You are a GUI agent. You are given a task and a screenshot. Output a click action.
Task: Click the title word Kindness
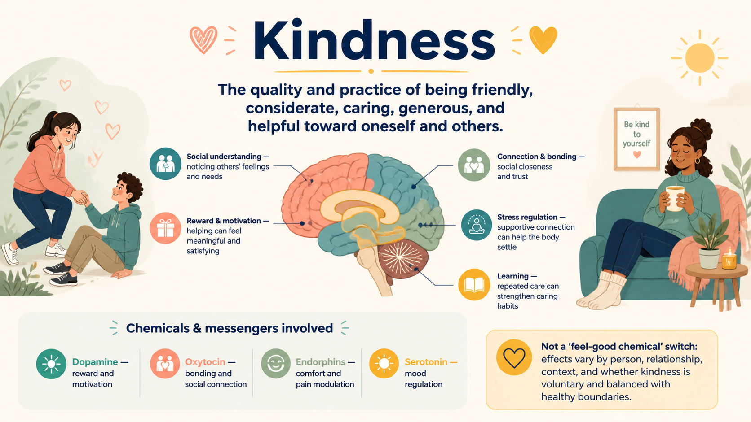tap(374, 40)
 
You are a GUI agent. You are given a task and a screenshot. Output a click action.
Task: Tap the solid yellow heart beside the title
tap(543, 39)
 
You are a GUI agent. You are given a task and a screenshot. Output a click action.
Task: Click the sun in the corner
tap(700, 58)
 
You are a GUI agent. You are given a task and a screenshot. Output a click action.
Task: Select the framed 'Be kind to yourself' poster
tap(636, 139)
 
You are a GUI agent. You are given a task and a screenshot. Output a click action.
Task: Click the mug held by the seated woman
tap(675, 199)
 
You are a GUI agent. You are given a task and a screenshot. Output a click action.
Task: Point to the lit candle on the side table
tap(729, 259)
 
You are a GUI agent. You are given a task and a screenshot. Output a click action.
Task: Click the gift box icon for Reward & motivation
tap(165, 228)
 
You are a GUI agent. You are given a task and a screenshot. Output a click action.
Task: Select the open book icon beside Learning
tap(474, 284)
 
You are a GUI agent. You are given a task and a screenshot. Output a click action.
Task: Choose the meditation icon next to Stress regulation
tap(477, 225)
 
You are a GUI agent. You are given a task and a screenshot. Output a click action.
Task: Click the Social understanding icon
tap(166, 164)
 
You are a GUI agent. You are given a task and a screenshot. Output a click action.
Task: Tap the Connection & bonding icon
tap(474, 165)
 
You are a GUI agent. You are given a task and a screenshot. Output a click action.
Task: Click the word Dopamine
tap(95, 362)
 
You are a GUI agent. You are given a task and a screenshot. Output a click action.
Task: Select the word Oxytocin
tap(205, 362)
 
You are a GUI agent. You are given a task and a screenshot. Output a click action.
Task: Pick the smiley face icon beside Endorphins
tap(276, 363)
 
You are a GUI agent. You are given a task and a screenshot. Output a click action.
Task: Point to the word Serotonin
tap(426, 362)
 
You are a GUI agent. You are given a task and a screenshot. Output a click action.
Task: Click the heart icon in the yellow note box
tap(514, 357)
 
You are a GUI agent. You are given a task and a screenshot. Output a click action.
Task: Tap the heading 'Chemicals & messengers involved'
tap(230, 328)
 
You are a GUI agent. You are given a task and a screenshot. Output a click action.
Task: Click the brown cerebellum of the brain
tap(403, 258)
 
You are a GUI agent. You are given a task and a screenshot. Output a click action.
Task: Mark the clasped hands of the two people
tap(80, 197)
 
